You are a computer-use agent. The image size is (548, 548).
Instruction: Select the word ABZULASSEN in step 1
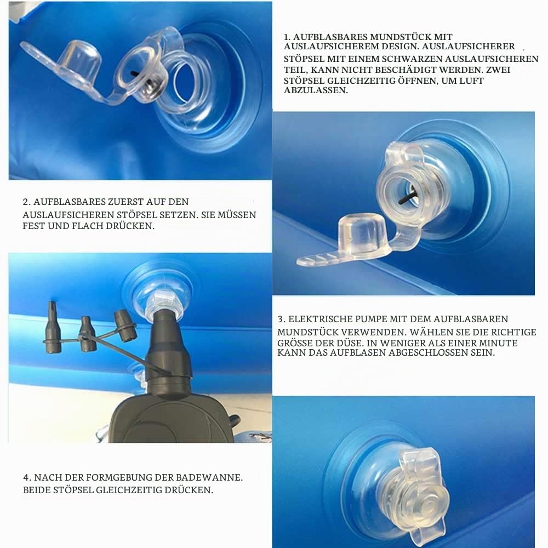click(x=316, y=90)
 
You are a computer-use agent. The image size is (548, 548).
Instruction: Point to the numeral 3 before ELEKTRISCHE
click(x=281, y=319)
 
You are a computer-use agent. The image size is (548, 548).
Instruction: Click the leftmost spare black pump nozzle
click(x=53, y=328)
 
